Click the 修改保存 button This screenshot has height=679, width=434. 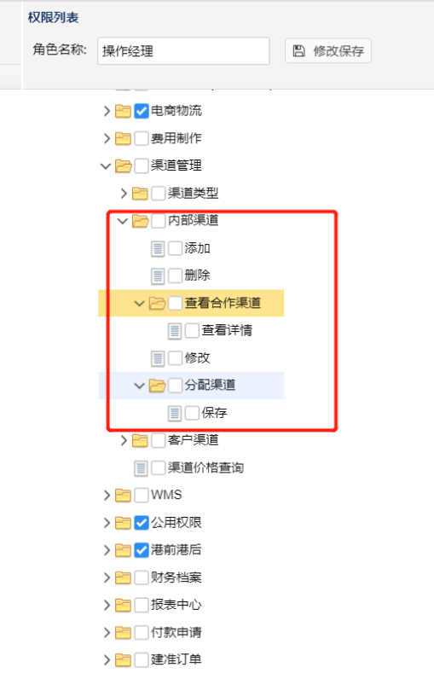328,50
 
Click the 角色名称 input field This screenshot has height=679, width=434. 183,51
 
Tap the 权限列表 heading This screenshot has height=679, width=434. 53,18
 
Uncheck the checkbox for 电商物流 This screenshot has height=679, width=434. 142,111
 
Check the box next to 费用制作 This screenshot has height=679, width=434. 142,138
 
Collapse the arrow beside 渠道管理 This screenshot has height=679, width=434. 106,165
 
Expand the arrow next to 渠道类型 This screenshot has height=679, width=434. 124,193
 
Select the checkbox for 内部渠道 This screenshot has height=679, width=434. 159,221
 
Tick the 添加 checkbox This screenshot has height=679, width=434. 176,248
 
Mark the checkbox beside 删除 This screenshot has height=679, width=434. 176,276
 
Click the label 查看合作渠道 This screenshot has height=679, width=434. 223,303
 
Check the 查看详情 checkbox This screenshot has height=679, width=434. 192,330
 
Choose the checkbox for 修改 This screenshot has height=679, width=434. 176,358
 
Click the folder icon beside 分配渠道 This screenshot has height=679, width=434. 157,385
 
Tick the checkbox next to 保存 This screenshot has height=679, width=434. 192,413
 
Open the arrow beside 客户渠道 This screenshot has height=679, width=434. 124,440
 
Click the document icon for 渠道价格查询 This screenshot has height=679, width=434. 141,468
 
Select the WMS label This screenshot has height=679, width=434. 166,495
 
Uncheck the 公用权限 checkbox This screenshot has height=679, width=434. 142,523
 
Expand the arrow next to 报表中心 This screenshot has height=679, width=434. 107,605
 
